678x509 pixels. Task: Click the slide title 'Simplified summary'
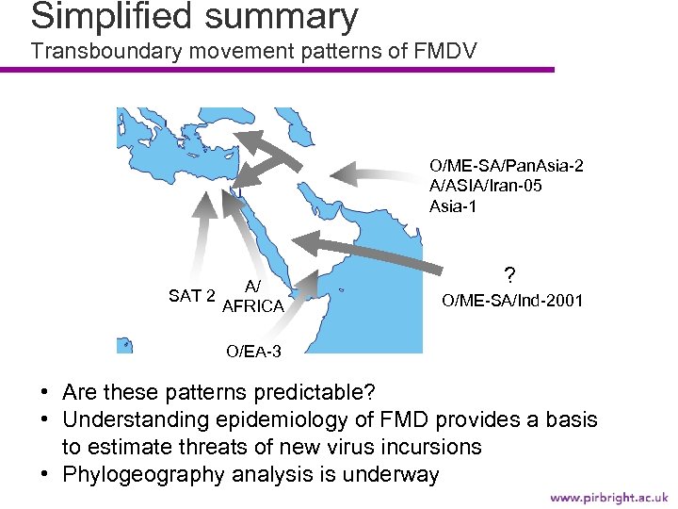(x=194, y=16)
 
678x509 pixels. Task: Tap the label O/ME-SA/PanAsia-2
(x=506, y=166)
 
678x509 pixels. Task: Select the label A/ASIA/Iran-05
(x=485, y=186)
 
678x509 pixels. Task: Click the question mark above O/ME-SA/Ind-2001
(x=509, y=276)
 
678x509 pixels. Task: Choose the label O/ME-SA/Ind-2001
(x=512, y=301)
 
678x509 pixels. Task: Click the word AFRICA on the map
(x=252, y=306)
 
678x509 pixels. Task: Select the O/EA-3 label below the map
(x=252, y=352)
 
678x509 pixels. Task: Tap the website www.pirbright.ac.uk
(x=608, y=496)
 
